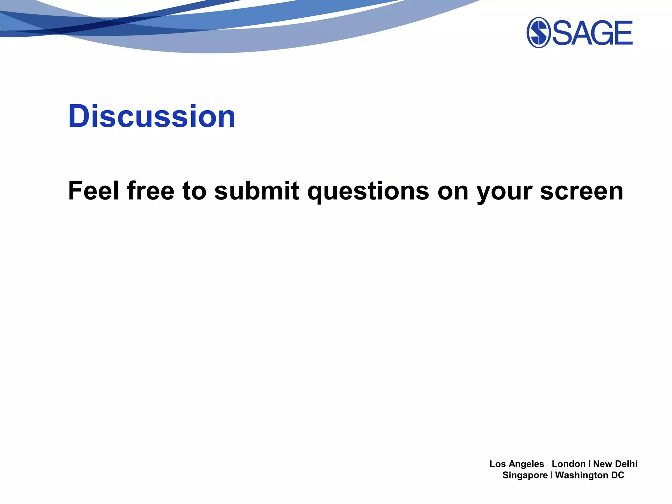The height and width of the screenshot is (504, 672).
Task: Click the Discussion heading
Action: pyautogui.click(x=152, y=116)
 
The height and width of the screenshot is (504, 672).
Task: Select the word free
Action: pyautogui.click(x=151, y=191)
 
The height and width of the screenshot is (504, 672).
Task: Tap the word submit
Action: pyautogui.click(x=257, y=191)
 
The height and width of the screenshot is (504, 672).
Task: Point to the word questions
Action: pyautogui.click(x=368, y=191)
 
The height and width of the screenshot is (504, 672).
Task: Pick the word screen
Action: pyautogui.click(x=581, y=191)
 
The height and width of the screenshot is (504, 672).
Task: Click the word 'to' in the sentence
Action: pyautogui.click(x=194, y=191)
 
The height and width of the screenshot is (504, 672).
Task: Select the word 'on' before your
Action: pyautogui.click(x=453, y=191)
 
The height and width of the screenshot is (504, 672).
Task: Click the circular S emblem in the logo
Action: pyautogui.click(x=538, y=32)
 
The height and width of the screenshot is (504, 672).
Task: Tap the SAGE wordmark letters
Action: pyautogui.click(x=593, y=33)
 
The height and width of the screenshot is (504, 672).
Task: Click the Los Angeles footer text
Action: pyautogui.click(x=516, y=464)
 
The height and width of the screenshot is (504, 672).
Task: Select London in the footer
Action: pyautogui.click(x=569, y=464)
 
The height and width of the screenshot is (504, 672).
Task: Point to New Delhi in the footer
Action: pyautogui.click(x=615, y=464)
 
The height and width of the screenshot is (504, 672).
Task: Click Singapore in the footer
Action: pyautogui.click(x=525, y=475)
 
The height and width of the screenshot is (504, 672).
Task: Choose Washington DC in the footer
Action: pyautogui.click(x=590, y=475)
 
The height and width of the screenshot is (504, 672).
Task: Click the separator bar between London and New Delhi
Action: pyautogui.click(x=590, y=464)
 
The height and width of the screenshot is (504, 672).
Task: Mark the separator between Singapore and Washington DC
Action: pyautogui.click(x=552, y=475)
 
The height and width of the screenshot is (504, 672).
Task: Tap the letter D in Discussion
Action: pyautogui.click(x=79, y=116)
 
